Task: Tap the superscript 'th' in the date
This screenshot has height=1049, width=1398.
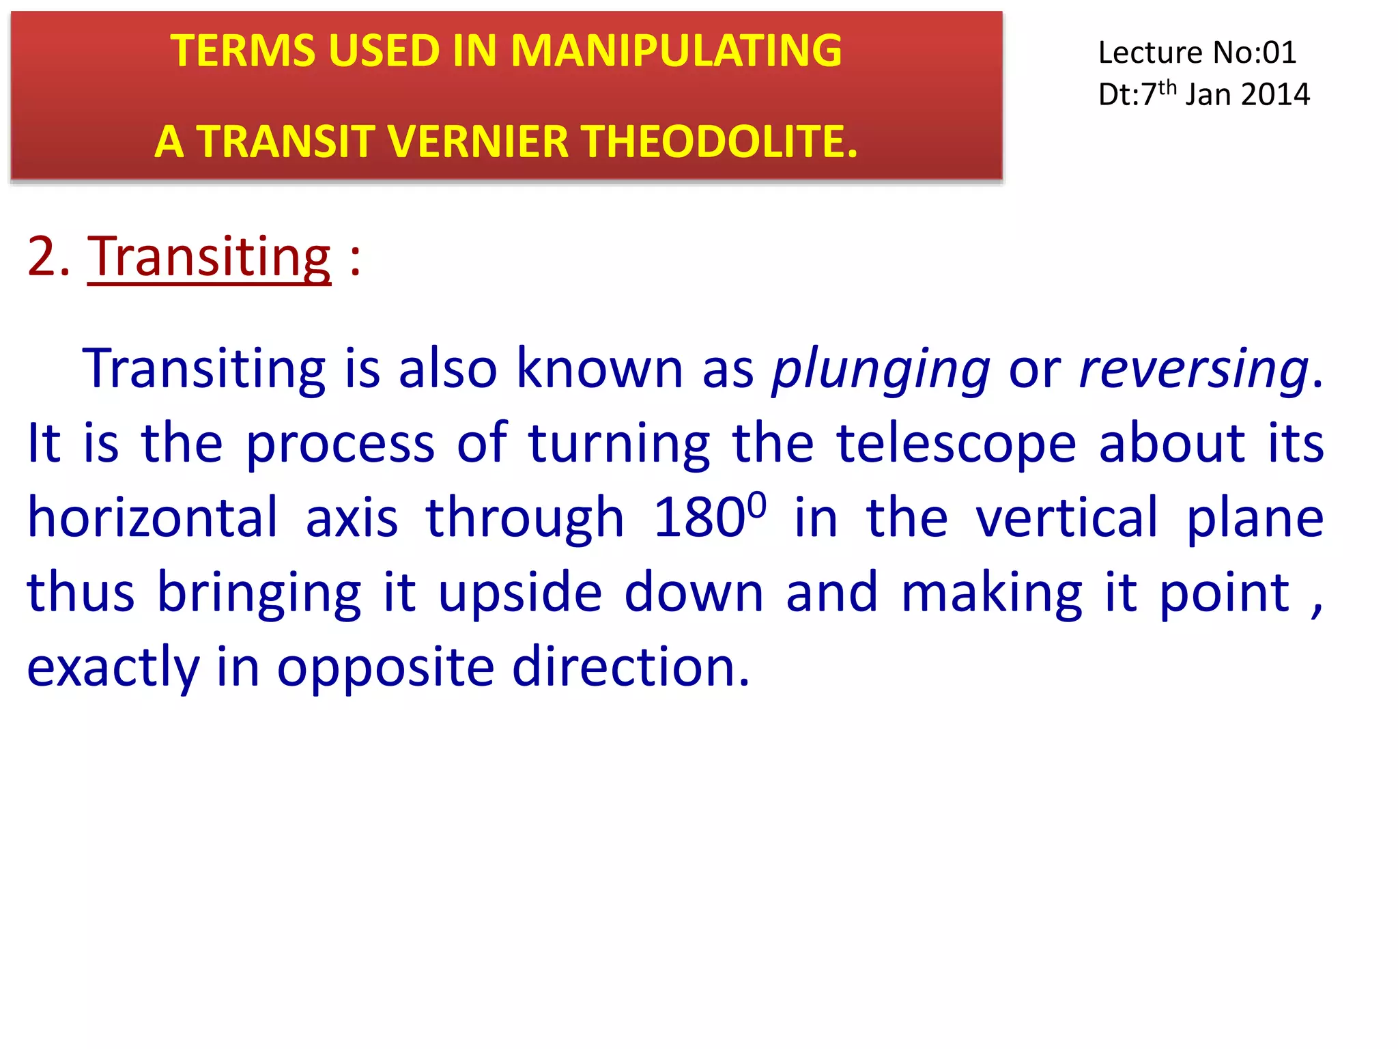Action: [1167, 87]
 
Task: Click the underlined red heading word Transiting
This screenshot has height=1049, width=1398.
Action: [209, 257]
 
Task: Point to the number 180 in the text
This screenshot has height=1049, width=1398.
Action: [699, 518]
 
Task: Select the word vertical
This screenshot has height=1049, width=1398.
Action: [1067, 518]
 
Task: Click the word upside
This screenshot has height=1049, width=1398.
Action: [519, 593]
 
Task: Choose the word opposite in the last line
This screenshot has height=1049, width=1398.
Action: [385, 667]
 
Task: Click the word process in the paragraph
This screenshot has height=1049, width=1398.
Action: [340, 445]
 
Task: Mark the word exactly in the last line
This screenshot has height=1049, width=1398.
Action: [113, 669]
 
